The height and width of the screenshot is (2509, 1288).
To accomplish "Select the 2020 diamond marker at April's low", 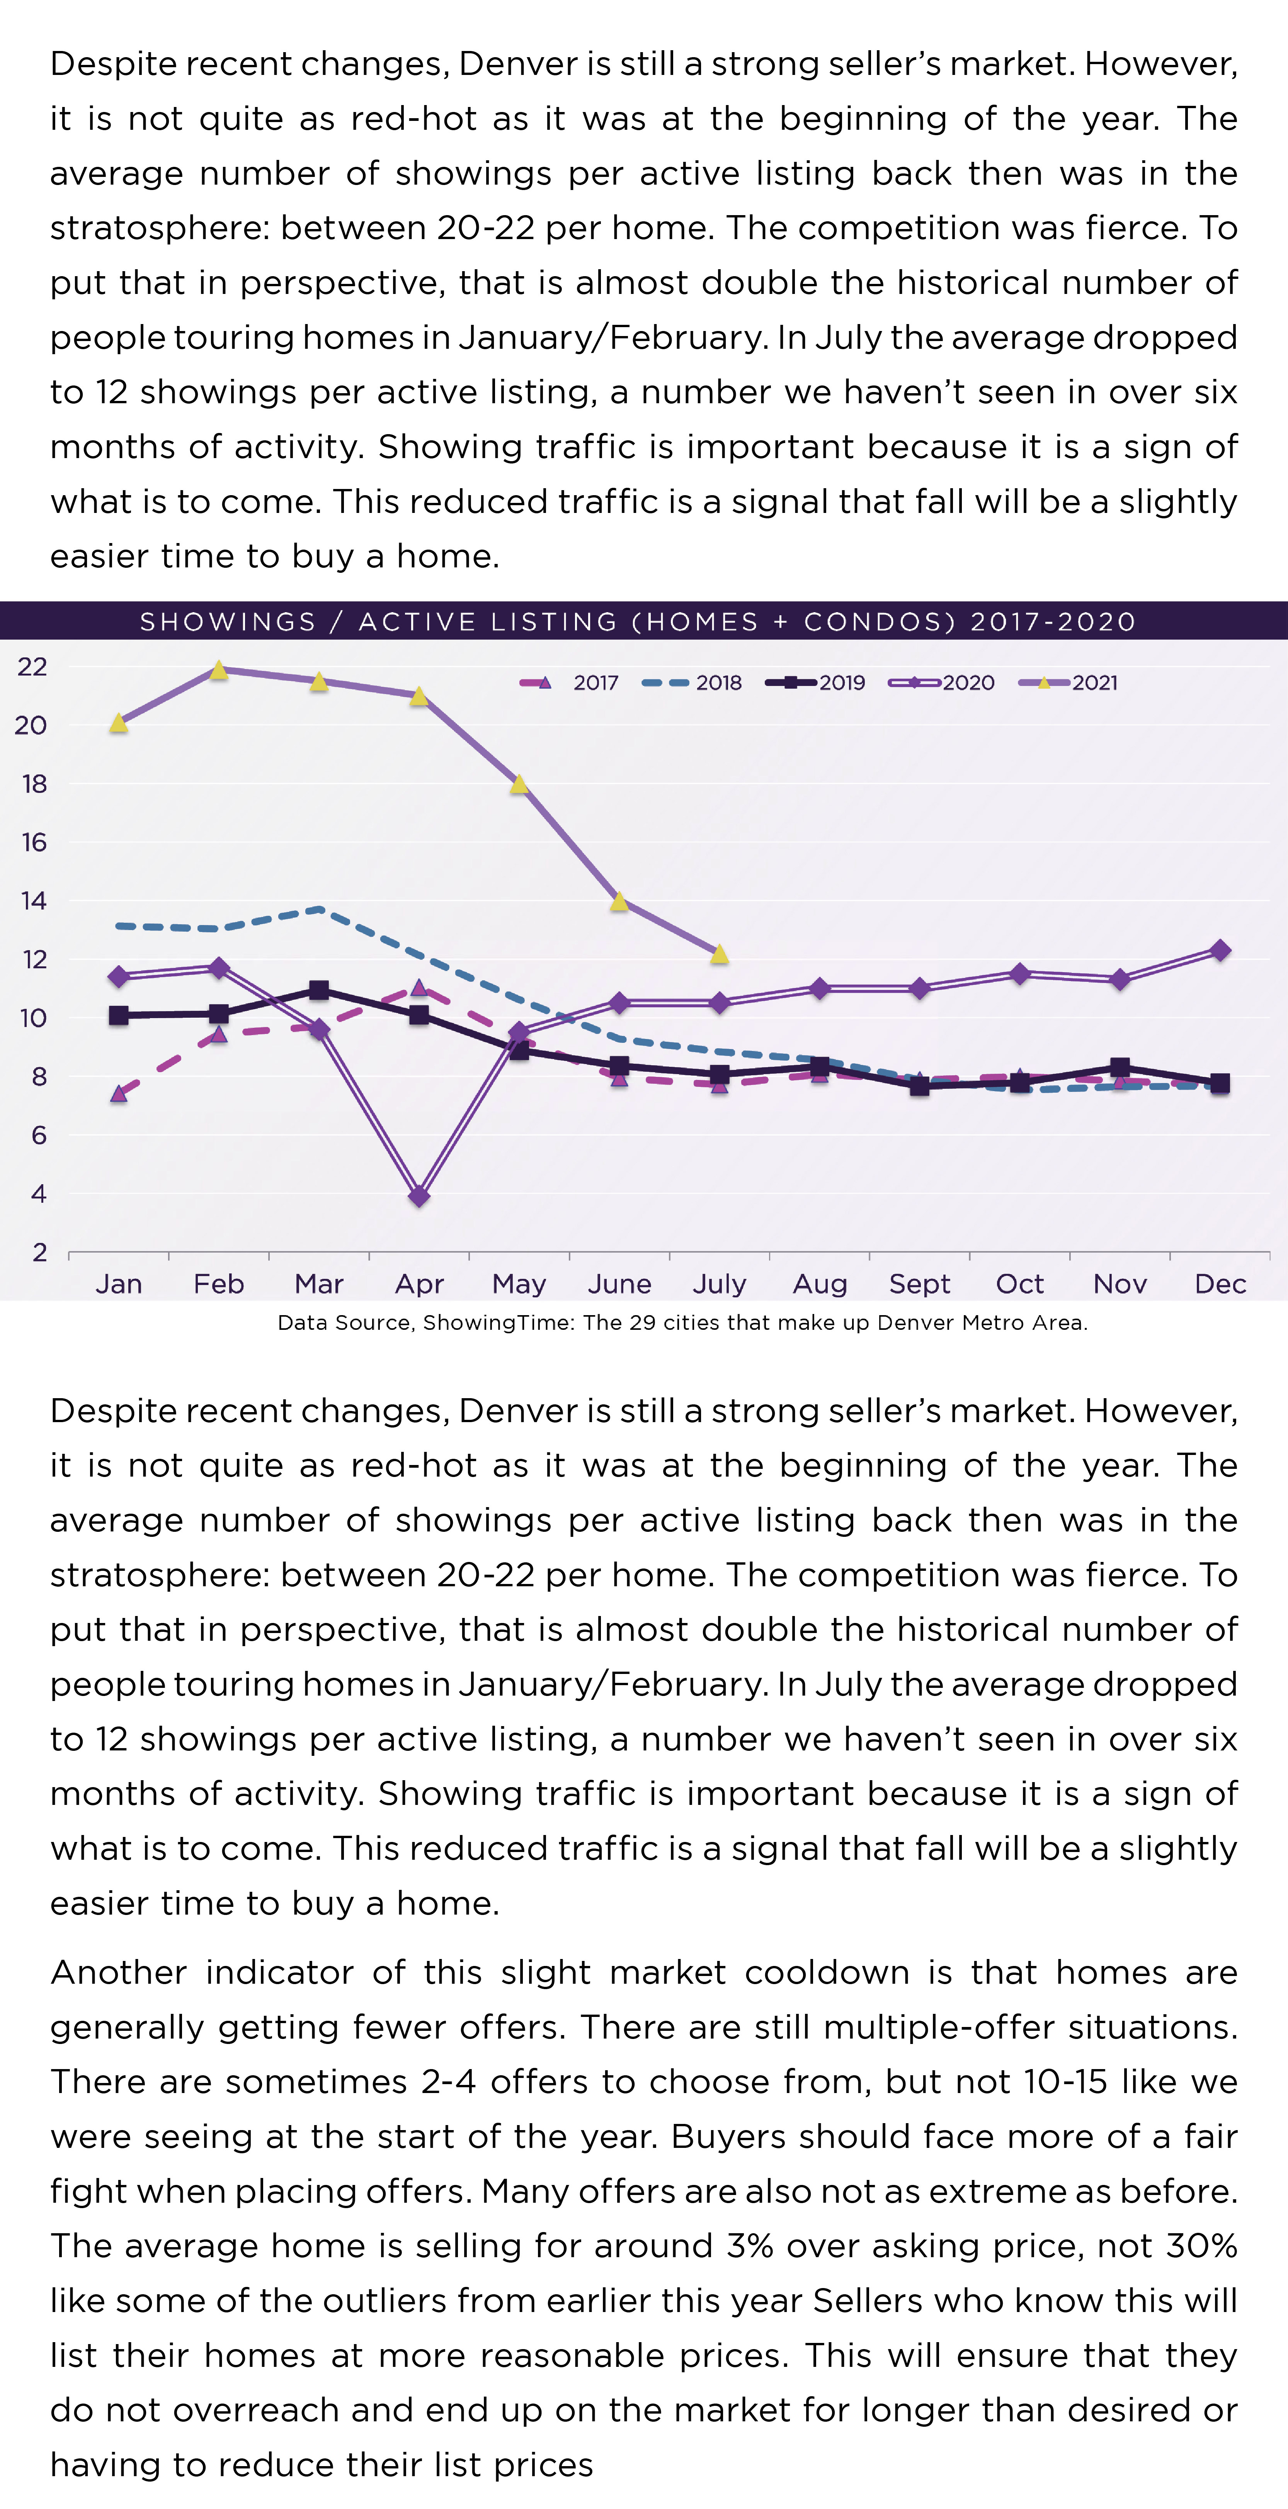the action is (419, 1196).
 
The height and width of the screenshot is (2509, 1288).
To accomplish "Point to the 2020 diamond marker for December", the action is (1220, 950).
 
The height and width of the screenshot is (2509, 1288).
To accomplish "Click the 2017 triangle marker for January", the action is (119, 1093).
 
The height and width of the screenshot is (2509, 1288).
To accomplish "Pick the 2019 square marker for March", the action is (318, 991).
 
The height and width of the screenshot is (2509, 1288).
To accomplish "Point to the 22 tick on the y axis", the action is (32, 667).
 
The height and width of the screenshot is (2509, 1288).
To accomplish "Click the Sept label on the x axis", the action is (919, 1284).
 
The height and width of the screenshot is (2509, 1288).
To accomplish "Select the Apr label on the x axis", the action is (419, 1284).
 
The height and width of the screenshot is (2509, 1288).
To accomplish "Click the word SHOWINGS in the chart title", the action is (228, 621).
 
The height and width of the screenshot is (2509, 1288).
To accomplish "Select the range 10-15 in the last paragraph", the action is (1066, 2081).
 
